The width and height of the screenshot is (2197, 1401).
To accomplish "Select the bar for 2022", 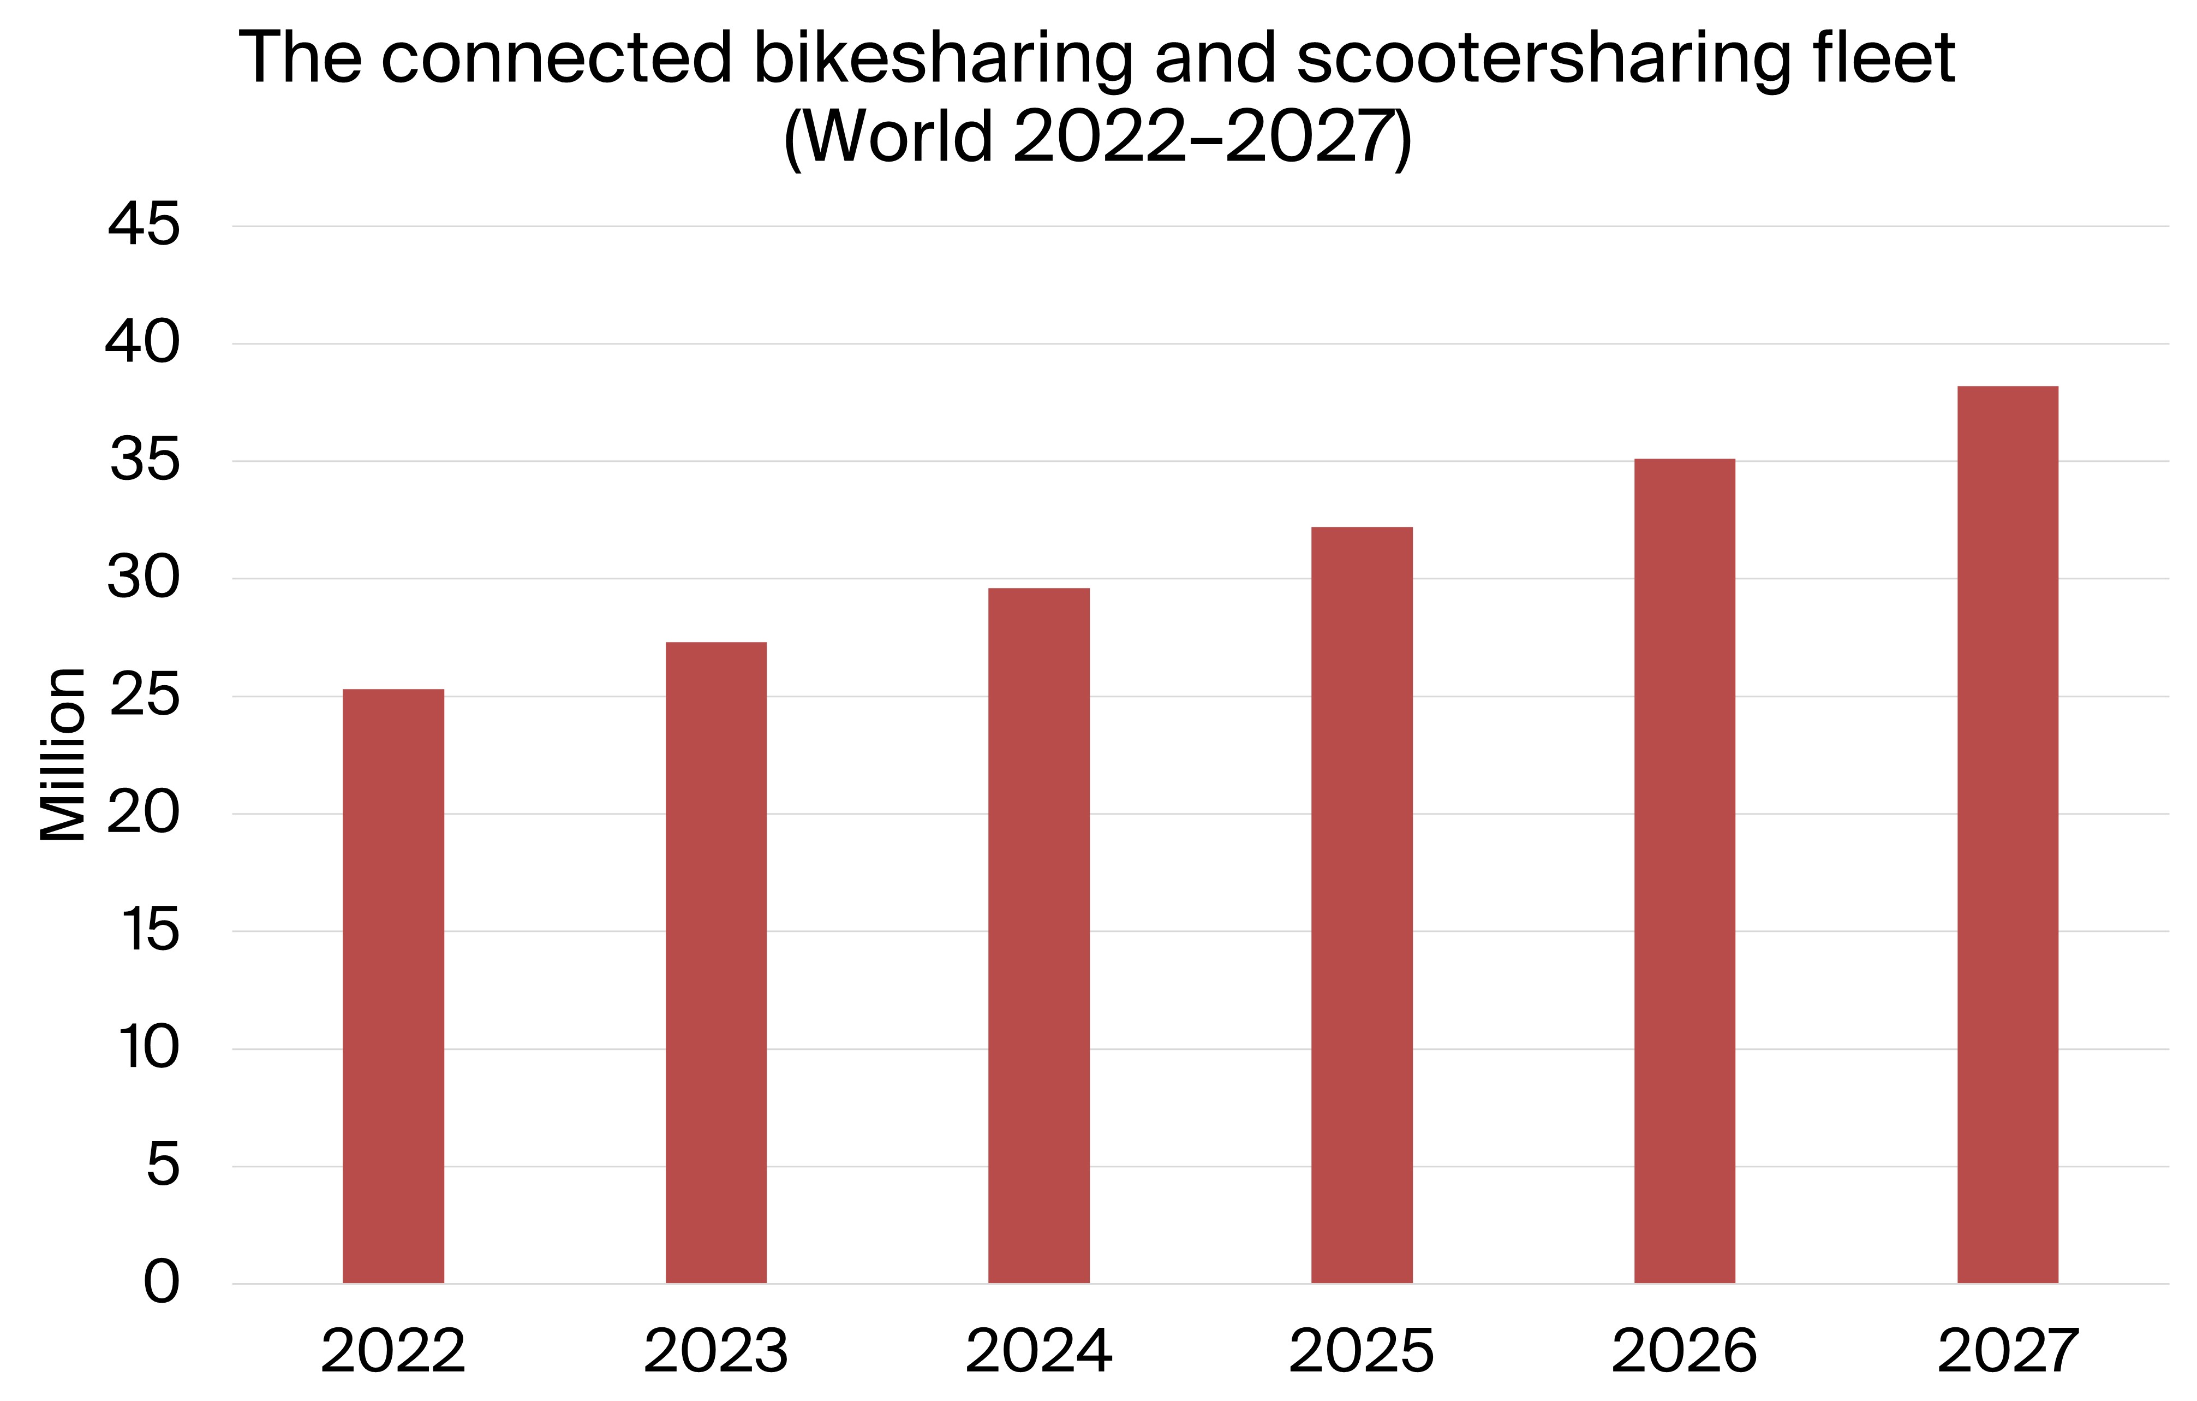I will [x=393, y=986].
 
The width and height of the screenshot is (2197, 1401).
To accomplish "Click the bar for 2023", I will [x=716, y=963].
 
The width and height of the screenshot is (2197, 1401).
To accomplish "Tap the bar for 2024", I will [x=1038, y=935].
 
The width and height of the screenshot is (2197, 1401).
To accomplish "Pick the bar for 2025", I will [x=1362, y=905].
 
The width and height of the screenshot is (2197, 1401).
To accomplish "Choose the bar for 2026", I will [x=1684, y=871].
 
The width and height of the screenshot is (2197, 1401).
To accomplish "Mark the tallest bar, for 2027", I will [x=2007, y=835].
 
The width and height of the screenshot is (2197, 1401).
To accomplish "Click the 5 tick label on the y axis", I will [x=163, y=1166].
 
